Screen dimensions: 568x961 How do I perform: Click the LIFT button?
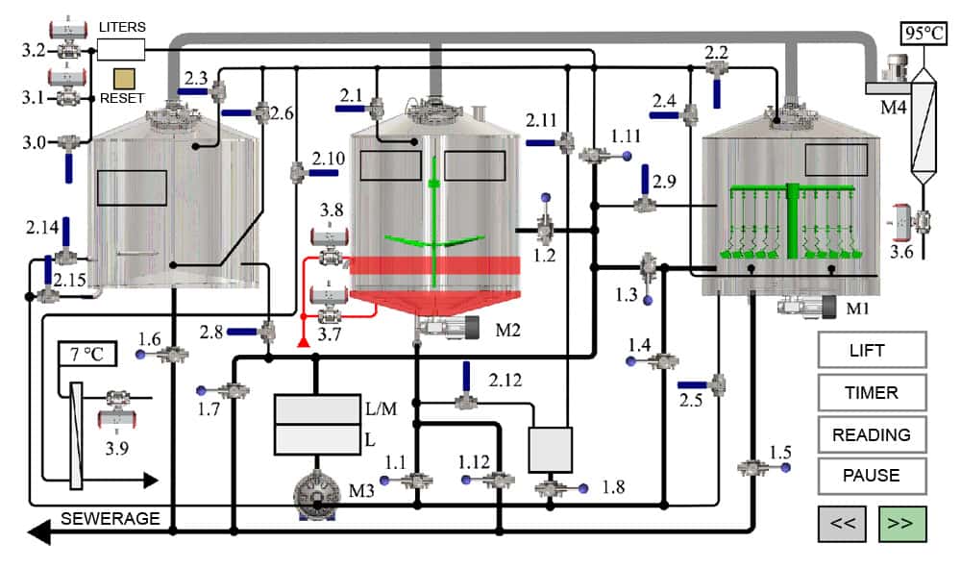click(x=872, y=350)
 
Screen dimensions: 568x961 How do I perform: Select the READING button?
click(x=872, y=434)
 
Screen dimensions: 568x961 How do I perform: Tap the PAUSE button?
click(x=872, y=476)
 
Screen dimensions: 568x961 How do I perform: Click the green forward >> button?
click(x=901, y=524)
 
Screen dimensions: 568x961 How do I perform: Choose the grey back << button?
click(x=842, y=524)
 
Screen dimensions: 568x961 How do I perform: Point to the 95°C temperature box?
click(x=924, y=33)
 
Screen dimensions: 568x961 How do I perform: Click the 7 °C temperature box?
click(x=86, y=354)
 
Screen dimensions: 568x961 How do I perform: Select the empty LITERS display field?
click(x=121, y=48)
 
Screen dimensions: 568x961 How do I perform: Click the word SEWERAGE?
click(x=111, y=519)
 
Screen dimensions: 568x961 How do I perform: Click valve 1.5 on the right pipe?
click(x=753, y=468)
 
